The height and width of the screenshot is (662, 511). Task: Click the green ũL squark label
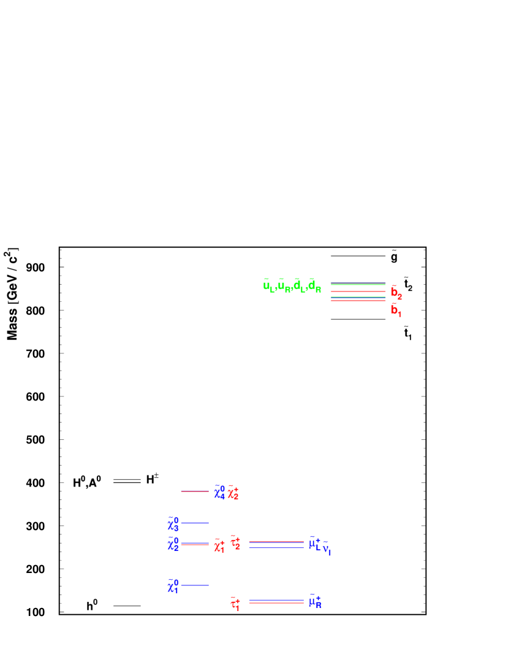coord(269,286)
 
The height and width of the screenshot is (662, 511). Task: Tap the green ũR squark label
coord(284,286)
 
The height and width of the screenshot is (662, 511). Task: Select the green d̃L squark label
coord(299,286)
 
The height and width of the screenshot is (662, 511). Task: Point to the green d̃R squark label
coord(314,286)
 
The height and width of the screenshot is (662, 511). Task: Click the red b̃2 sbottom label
coord(396,293)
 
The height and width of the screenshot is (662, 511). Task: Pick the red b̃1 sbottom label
coord(396,310)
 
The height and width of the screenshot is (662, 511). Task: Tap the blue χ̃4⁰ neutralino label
coord(219,492)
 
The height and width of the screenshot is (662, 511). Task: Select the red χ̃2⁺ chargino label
coord(233,492)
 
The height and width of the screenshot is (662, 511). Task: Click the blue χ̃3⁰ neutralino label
coord(173,524)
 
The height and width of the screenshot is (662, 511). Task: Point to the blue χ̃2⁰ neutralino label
coord(173,544)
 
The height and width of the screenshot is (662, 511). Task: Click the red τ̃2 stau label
coord(235,542)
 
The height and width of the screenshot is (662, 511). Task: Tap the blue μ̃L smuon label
coord(315,544)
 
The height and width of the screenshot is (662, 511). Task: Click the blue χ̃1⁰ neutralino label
coord(173,587)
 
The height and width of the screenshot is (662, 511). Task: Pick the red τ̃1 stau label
coord(235,604)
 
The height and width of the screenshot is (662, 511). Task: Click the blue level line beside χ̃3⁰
coord(195,523)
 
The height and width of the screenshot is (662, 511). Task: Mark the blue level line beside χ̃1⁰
coord(195,585)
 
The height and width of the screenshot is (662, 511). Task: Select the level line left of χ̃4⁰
coord(195,491)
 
